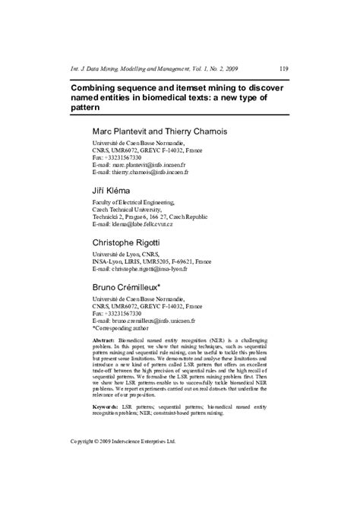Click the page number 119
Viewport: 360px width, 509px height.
pyautogui.click(x=283, y=68)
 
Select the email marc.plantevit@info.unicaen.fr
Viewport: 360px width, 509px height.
pyautogui.click(x=155, y=165)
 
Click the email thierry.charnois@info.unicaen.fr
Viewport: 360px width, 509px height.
pyautogui.click(x=156, y=172)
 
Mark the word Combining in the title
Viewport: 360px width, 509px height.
pyautogui.click(x=94, y=88)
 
